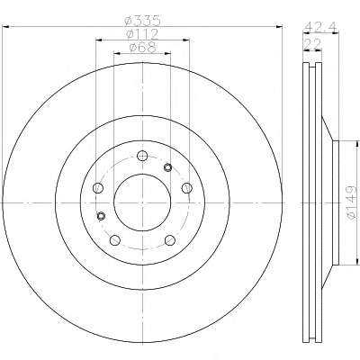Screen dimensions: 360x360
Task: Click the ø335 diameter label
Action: [143, 21]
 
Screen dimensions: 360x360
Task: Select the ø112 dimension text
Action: [142, 34]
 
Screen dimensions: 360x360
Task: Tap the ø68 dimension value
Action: [142, 48]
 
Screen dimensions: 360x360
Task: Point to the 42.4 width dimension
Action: [320, 27]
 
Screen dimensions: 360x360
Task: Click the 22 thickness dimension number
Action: [312, 44]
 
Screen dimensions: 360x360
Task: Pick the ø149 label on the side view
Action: [352, 202]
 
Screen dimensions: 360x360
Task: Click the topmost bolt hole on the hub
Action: [142, 156]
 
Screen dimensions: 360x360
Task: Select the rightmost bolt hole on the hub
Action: [187, 188]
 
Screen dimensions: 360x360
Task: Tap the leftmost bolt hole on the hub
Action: [98, 188]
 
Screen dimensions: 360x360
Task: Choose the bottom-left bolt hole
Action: [115, 240]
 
